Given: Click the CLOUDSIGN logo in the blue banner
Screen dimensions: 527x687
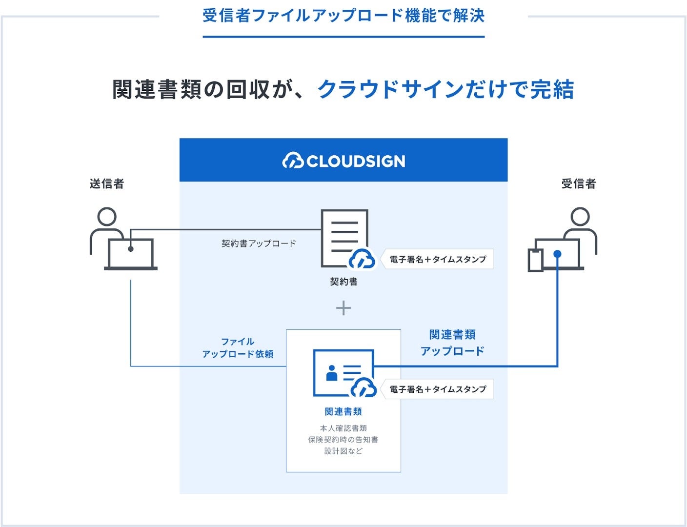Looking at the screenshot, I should pyautogui.click(x=343, y=161).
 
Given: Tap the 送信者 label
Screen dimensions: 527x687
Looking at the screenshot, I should pyautogui.click(x=107, y=184).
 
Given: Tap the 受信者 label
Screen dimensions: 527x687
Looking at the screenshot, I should pyautogui.click(x=579, y=184).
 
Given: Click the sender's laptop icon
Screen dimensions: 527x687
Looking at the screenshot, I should pyautogui.click(x=131, y=254).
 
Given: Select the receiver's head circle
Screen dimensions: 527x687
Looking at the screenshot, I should pyautogui.click(x=580, y=216).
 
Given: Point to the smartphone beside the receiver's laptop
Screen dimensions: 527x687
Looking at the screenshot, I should pyautogui.click(x=535, y=260).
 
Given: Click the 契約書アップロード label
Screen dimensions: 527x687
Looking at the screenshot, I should pyautogui.click(x=259, y=243).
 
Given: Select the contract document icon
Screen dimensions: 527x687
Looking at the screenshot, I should pyautogui.click(x=343, y=238).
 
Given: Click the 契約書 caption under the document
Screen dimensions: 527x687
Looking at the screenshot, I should pyautogui.click(x=343, y=282).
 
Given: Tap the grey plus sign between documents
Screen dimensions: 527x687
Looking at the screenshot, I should pyautogui.click(x=343, y=308).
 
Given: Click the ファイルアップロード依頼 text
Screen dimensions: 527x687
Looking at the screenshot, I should pyautogui.click(x=238, y=348).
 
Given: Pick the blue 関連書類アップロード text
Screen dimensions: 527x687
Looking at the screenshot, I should pyautogui.click(x=452, y=343).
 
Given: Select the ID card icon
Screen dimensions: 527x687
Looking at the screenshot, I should pyautogui.click(x=343, y=373).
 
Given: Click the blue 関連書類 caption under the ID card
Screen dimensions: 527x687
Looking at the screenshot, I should pyautogui.click(x=343, y=412).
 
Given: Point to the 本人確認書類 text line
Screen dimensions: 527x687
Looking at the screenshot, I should pyautogui.click(x=343, y=428).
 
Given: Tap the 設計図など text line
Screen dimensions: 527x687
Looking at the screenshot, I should pyautogui.click(x=343, y=451).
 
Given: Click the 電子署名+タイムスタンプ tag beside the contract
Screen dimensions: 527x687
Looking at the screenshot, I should pyautogui.click(x=438, y=260).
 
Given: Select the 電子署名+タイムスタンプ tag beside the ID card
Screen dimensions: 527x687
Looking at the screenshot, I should pyautogui.click(x=438, y=389).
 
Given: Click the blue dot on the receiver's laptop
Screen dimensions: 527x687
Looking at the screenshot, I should pyautogui.click(x=557, y=254).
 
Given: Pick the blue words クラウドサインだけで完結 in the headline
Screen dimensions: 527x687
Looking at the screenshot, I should pyautogui.click(x=445, y=90).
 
